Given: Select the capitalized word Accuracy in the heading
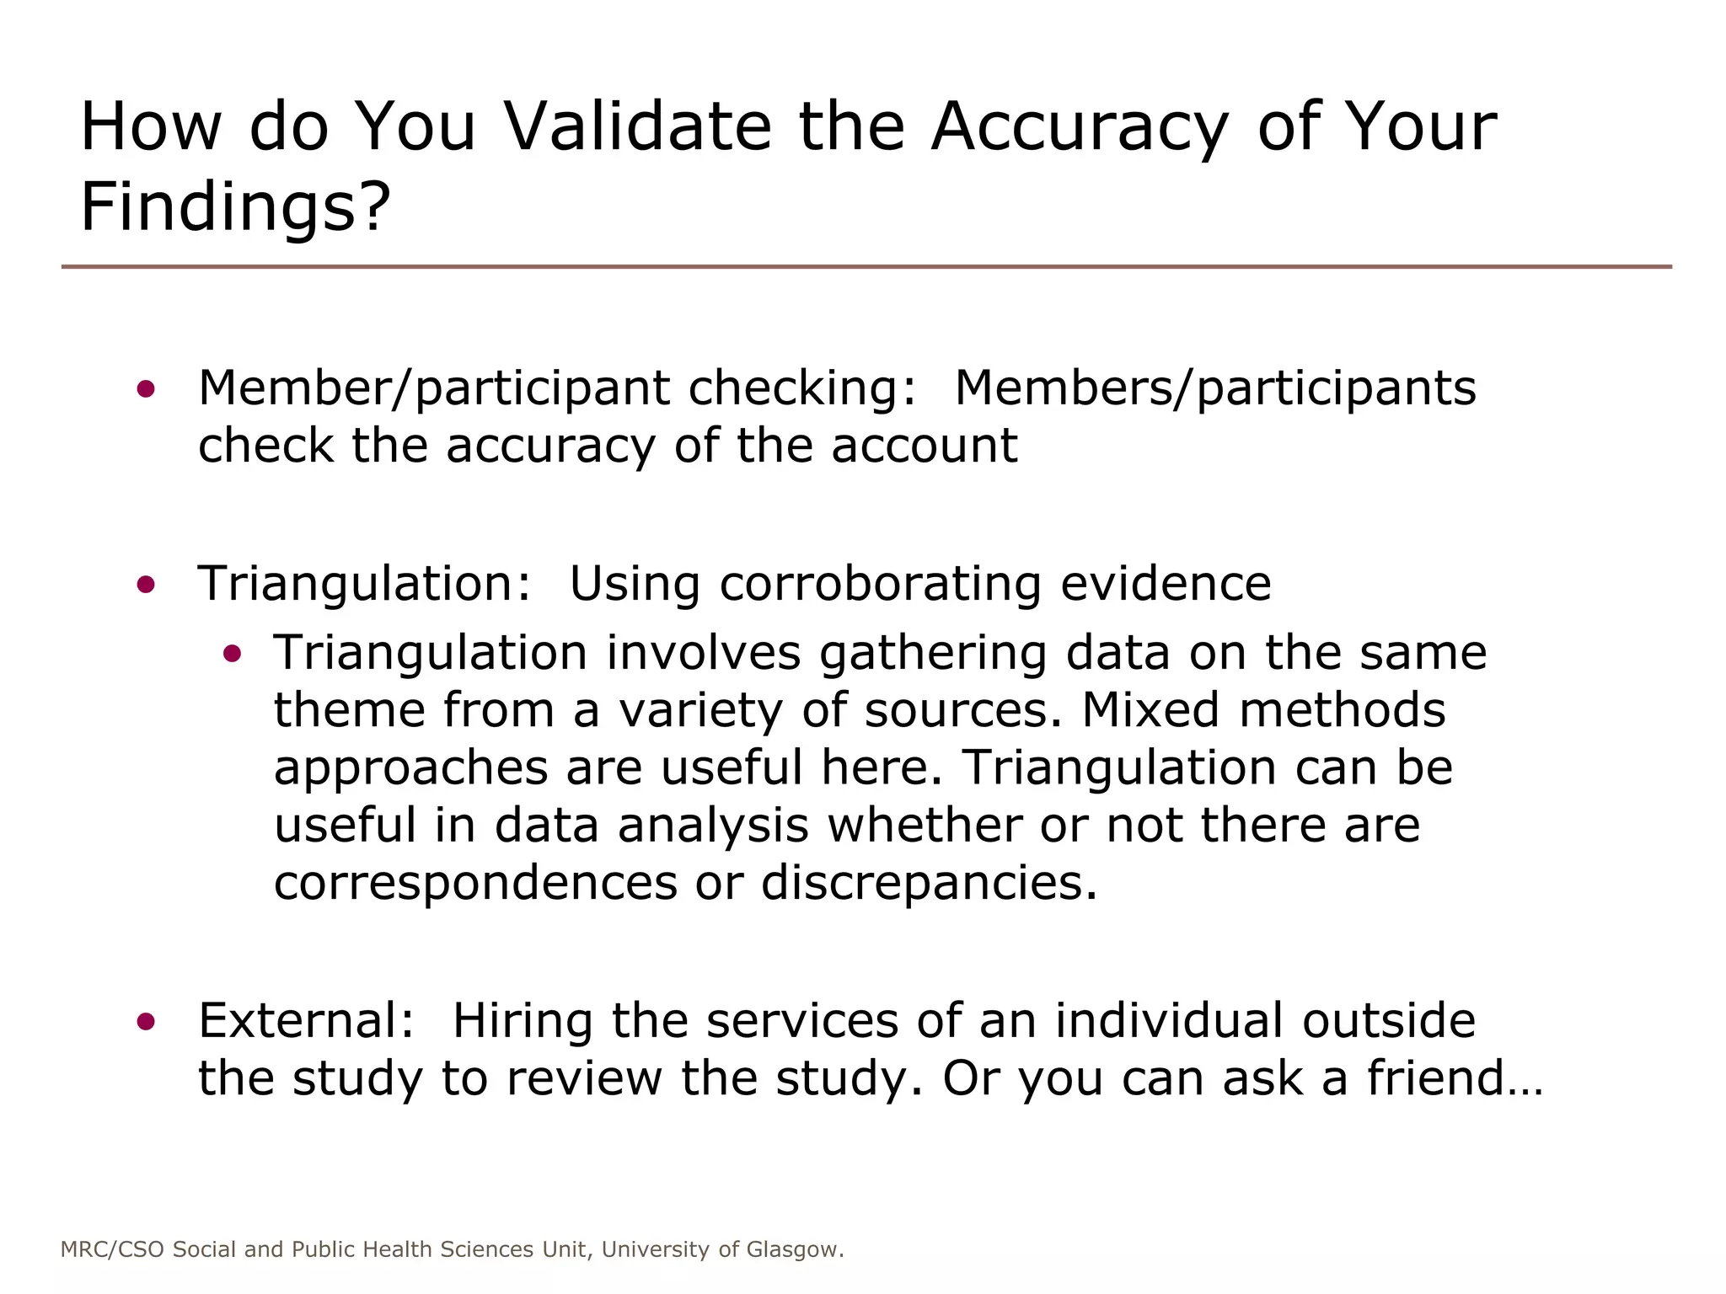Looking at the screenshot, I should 1080,128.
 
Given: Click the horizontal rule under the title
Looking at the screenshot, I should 866,267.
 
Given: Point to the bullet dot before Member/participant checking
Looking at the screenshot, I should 146,388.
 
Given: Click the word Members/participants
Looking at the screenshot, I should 1215,388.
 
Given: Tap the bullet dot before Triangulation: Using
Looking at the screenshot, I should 146,584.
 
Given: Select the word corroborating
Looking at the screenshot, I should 880,584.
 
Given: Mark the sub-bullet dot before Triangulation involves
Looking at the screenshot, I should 233,653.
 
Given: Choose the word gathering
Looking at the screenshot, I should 933,654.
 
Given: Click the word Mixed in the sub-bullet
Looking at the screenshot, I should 1150,709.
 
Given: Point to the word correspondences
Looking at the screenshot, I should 475,884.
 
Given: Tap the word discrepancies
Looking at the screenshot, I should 929,884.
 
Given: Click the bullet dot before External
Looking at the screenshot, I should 146,1021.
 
